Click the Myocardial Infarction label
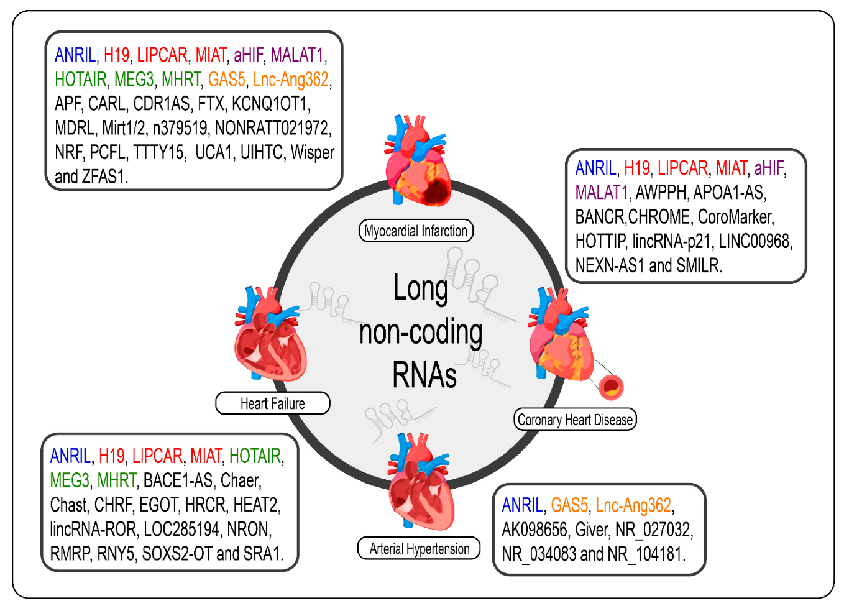416,231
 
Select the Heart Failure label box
272,403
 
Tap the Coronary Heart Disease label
575,420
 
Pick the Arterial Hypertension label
419,549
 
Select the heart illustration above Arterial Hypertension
420,482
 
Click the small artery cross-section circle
611,387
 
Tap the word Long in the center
421,289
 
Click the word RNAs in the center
424,375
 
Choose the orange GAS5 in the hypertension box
569,505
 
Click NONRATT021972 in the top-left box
273,128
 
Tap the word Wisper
313,152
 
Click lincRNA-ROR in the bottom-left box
93,529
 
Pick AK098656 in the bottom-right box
534,530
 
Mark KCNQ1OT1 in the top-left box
271,104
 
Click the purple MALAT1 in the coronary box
601,193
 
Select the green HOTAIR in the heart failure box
255,456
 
